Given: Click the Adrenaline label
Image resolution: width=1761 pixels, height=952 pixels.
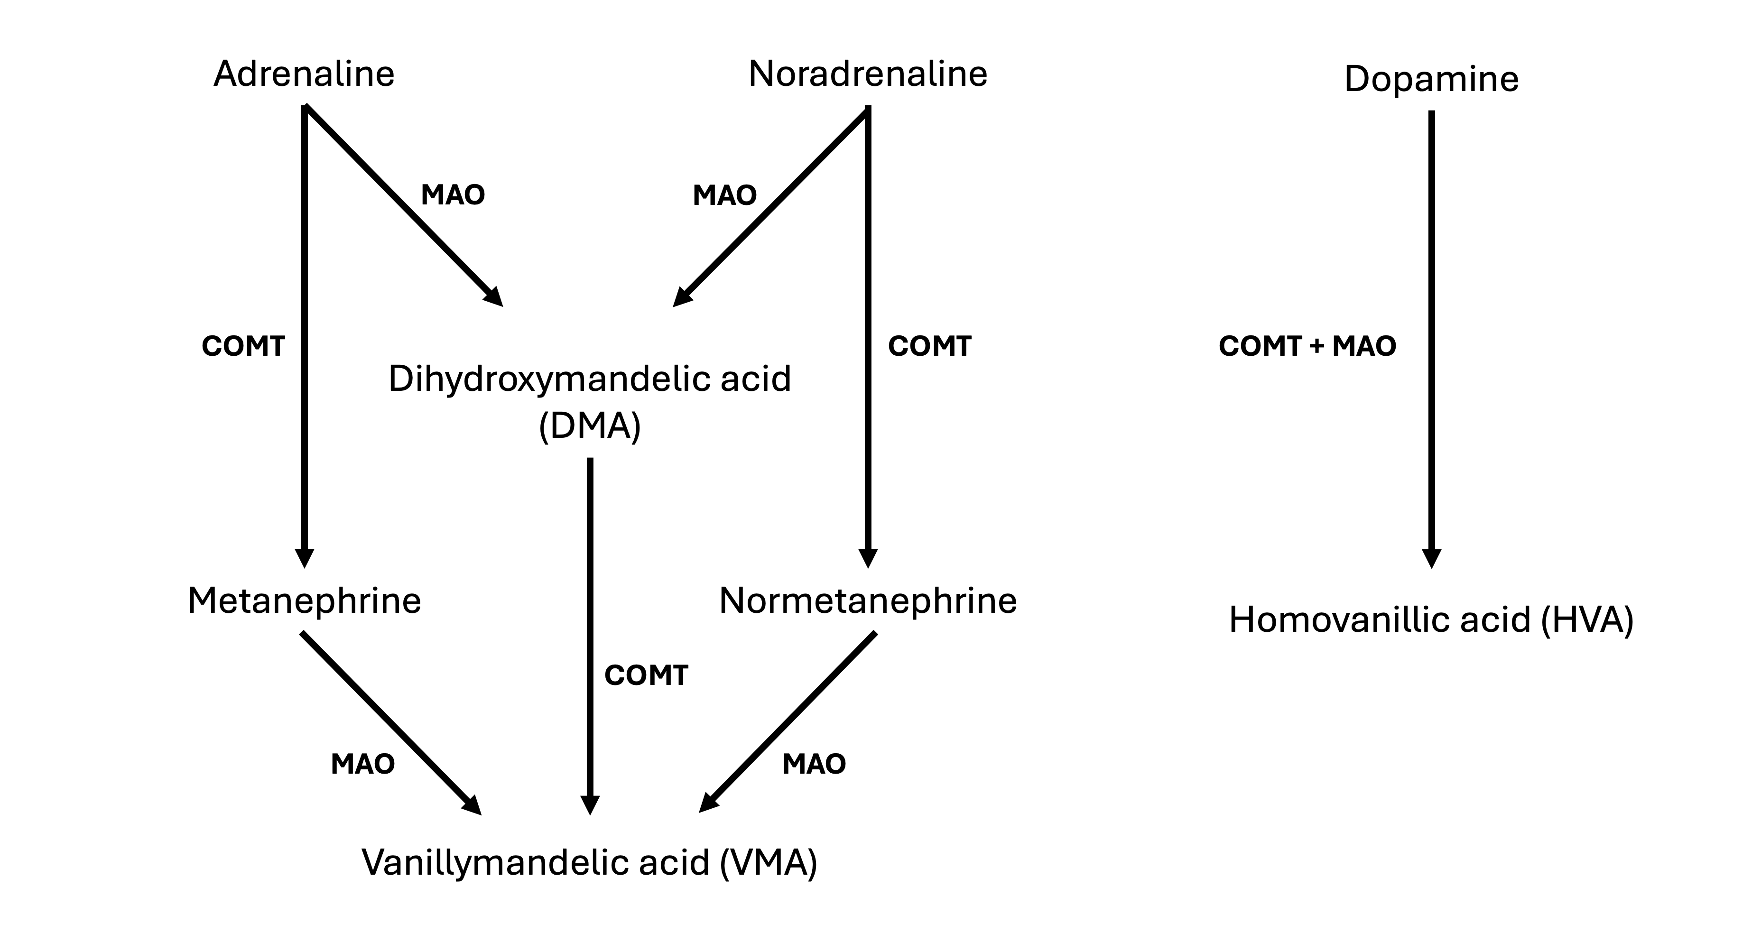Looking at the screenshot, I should pyautogui.click(x=304, y=74).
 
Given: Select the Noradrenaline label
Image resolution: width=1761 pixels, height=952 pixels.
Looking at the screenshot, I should pyautogui.click(x=868, y=74).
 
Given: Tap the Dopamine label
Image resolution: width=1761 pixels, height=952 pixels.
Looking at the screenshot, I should pyautogui.click(x=1431, y=79).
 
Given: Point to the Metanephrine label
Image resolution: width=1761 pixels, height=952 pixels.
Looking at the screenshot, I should pyautogui.click(x=304, y=601).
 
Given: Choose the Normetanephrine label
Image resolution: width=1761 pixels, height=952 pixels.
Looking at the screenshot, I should pyautogui.click(x=868, y=601).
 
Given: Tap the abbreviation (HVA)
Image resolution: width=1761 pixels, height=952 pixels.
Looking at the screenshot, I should pyautogui.click(x=1587, y=620).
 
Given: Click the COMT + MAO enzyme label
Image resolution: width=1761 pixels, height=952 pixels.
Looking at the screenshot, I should pyautogui.click(x=1307, y=346).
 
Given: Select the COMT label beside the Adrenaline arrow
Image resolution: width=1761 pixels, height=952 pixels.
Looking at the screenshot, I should pyautogui.click(x=243, y=346).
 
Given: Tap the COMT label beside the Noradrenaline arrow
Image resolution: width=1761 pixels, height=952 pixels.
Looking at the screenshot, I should pyautogui.click(x=929, y=346).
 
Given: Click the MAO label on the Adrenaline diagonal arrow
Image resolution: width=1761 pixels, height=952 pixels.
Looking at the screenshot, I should pyautogui.click(x=453, y=195).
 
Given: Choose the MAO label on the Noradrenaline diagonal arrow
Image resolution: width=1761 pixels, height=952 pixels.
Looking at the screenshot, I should pyautogui.click(x=724, y=195).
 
